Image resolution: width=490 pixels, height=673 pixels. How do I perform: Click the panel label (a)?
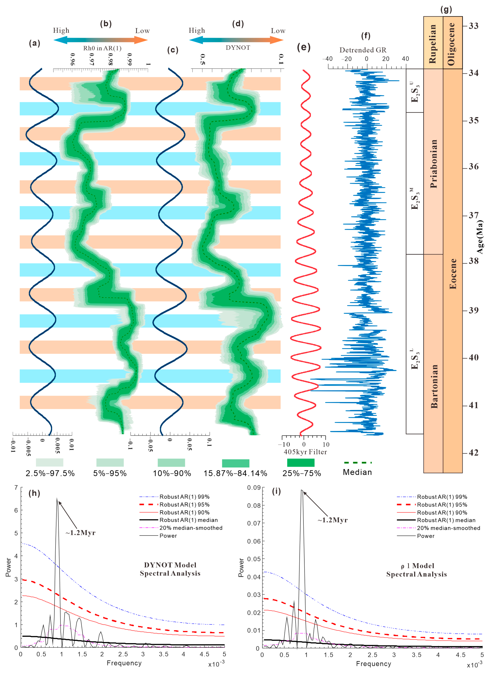[x=34, y=43]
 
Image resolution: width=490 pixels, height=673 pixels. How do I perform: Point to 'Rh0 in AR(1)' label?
[x=102, y=48]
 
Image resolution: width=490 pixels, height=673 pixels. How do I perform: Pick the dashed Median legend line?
[x=358, y=462]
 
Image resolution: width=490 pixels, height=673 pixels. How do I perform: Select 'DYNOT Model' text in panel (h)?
[x=170, y=565]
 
